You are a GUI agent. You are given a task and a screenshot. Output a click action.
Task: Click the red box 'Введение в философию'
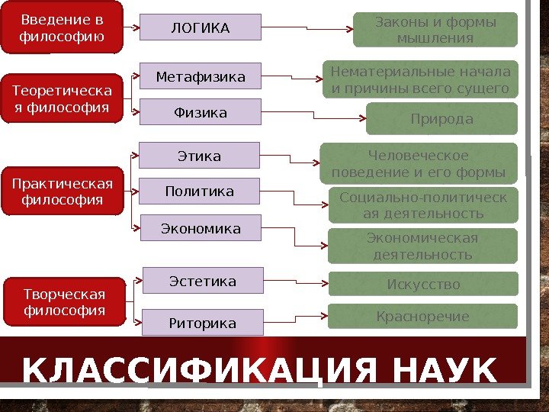point(62,28)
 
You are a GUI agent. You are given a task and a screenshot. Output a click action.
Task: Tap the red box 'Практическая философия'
point(62,192)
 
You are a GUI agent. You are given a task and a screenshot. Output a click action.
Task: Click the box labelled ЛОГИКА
point(201,29)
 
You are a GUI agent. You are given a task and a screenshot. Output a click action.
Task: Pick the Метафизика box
point(201,77)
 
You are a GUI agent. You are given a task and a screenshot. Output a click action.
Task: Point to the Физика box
point(201,113)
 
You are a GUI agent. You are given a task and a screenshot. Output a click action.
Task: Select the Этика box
point(199,156)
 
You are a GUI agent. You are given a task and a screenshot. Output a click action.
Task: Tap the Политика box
point(199,192)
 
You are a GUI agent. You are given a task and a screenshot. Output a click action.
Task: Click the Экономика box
point(200,228)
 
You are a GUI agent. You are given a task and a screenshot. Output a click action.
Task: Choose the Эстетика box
point(203,282)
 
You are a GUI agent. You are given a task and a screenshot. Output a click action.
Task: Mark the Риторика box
point(203,323)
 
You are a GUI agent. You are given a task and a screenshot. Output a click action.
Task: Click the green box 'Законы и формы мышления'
point(435,30)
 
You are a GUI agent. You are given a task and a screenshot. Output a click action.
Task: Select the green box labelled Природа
point(441,119)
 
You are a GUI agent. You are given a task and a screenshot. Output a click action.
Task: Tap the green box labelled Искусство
point(423,285)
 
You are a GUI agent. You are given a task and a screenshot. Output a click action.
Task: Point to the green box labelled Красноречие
point(423,316)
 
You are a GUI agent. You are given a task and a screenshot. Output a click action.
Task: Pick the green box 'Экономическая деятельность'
point(423,246)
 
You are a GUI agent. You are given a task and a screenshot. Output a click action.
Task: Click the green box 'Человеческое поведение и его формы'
point(419,163)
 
